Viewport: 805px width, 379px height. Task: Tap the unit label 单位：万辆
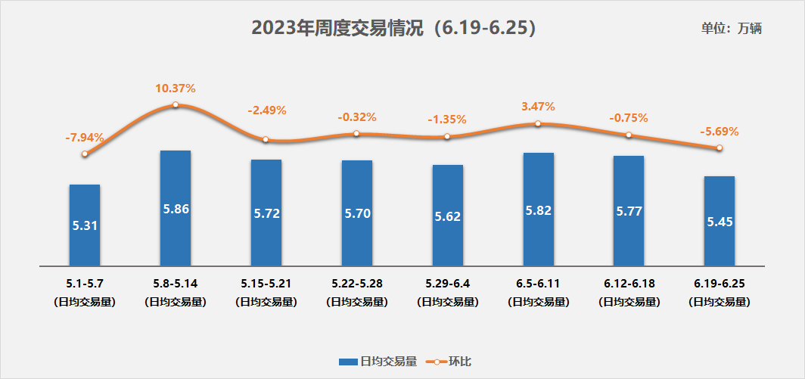point(731,29)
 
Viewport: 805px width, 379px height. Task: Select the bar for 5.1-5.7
point(84,225)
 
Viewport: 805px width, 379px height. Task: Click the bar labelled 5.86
point(175,208)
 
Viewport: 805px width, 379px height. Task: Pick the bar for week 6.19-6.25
point(720,221)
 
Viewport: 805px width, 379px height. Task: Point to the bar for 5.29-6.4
point(447,216)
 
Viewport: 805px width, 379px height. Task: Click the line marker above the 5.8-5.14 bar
point(175,105)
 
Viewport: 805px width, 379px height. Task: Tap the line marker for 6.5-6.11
point(538,123)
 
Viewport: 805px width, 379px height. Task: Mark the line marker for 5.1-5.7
point(84,154)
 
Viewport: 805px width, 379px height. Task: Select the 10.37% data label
point(175,89)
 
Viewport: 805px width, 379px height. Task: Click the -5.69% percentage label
point(720,131)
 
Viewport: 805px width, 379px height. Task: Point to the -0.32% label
point(356,117)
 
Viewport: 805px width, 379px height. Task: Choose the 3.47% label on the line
point(538,107)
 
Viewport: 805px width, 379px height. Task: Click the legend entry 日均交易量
point(378,362)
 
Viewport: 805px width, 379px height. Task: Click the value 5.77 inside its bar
point(629,211)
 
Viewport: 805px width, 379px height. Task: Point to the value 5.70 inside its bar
point(356,213)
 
